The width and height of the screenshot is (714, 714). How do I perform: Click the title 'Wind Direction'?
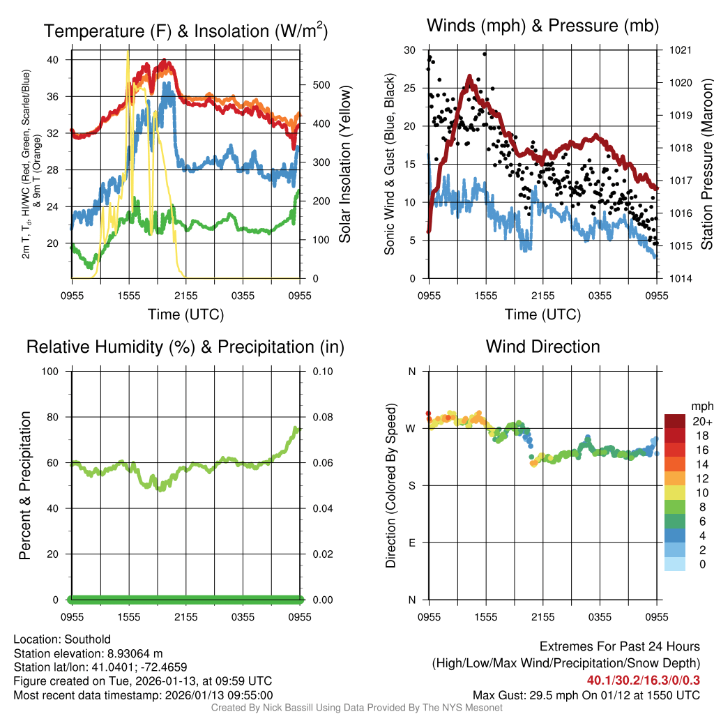pos(542,347)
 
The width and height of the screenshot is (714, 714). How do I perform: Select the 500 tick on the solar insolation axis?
pos(321,85)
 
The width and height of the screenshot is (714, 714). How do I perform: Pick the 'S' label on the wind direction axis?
pos(411,485)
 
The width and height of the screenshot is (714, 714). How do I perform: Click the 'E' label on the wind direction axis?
pos(411,542)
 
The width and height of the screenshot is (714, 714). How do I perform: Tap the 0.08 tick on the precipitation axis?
pos(321,417)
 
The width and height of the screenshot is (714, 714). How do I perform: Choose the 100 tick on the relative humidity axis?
pos(54,371)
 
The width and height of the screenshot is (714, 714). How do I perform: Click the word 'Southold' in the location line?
pos(87,639)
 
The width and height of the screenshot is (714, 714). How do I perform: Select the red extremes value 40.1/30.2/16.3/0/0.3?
pos(643,681)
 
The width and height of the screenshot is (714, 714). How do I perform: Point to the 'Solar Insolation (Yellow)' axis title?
pos(344,165)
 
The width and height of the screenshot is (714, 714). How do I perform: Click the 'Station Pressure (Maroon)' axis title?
pos(706,165)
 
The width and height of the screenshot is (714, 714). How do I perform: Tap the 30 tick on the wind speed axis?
pos(410,50)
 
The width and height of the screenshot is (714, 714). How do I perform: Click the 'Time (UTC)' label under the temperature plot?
pos(185,314)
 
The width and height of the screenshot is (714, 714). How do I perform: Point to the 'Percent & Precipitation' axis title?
pos(24,485)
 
